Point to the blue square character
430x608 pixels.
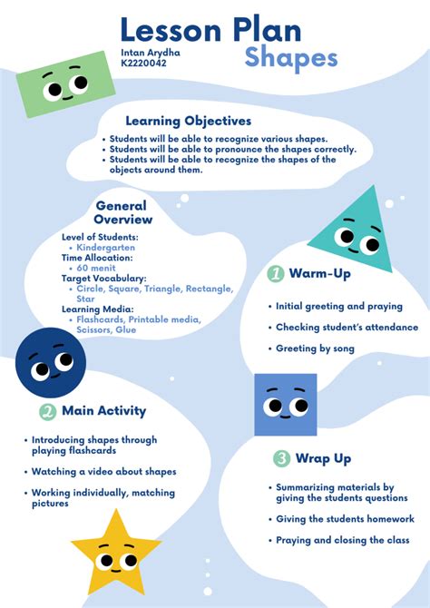click(x=285, y=405)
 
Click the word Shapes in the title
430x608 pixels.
click(x=291, y=59)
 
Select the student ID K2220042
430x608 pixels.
click(x=145, y=64)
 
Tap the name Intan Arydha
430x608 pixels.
click(x=150, y=53)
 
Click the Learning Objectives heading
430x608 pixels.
click(x=189, y=121)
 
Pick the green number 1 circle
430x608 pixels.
click(x=275, y=273)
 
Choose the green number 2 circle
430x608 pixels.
click(x=48, y=412)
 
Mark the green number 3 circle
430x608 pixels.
click(x=282, y=458)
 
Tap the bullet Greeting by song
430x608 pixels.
click(x=316, y=348)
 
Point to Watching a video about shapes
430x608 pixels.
click(x=104, y=472)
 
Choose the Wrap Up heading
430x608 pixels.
click(x=324, y=458)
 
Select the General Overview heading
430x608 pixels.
click(x=123, y=212)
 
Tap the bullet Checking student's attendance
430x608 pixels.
click(x=347, y=328)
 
